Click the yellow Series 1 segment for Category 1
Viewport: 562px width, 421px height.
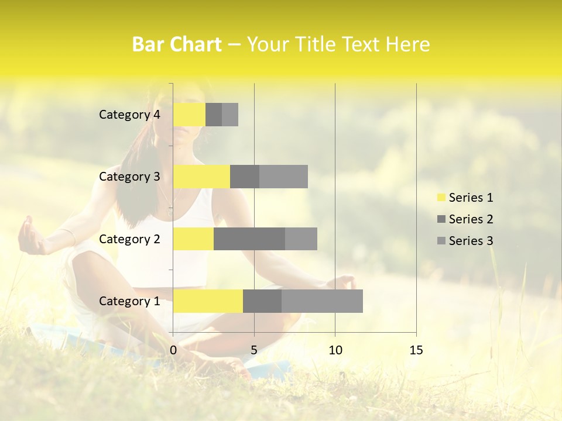tap(208, 301)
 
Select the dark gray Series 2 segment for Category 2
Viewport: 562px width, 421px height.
tap(249, 239)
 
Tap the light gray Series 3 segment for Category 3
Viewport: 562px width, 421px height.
tap(283, 177)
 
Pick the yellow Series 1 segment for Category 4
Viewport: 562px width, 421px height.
tap(189, 115)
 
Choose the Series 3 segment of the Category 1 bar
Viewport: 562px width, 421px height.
tap(322, 301)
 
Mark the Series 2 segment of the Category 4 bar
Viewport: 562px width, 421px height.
tap(214, 115)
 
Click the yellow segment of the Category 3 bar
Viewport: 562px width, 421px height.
tap(201, 177)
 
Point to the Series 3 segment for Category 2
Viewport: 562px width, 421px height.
tap(301, 239)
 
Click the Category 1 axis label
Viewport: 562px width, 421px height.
tap(129, 301)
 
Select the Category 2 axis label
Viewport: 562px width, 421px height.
tap(129, 239)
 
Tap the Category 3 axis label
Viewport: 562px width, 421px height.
tap(129, 177)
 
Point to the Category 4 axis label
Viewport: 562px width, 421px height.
tap(129, 115)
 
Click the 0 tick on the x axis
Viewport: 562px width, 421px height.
tap(173, 350)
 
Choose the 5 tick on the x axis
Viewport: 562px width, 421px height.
tap(254, 350)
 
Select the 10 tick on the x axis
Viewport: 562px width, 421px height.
tap(335, 350)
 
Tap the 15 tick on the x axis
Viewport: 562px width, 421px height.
tap(416, 350)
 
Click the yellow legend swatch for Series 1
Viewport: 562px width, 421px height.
tap(441, 198)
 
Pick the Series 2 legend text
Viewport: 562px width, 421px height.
tap(471, 219)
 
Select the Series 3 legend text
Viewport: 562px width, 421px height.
tap(471, 241)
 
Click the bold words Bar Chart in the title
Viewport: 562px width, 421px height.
tap(177, 44)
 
